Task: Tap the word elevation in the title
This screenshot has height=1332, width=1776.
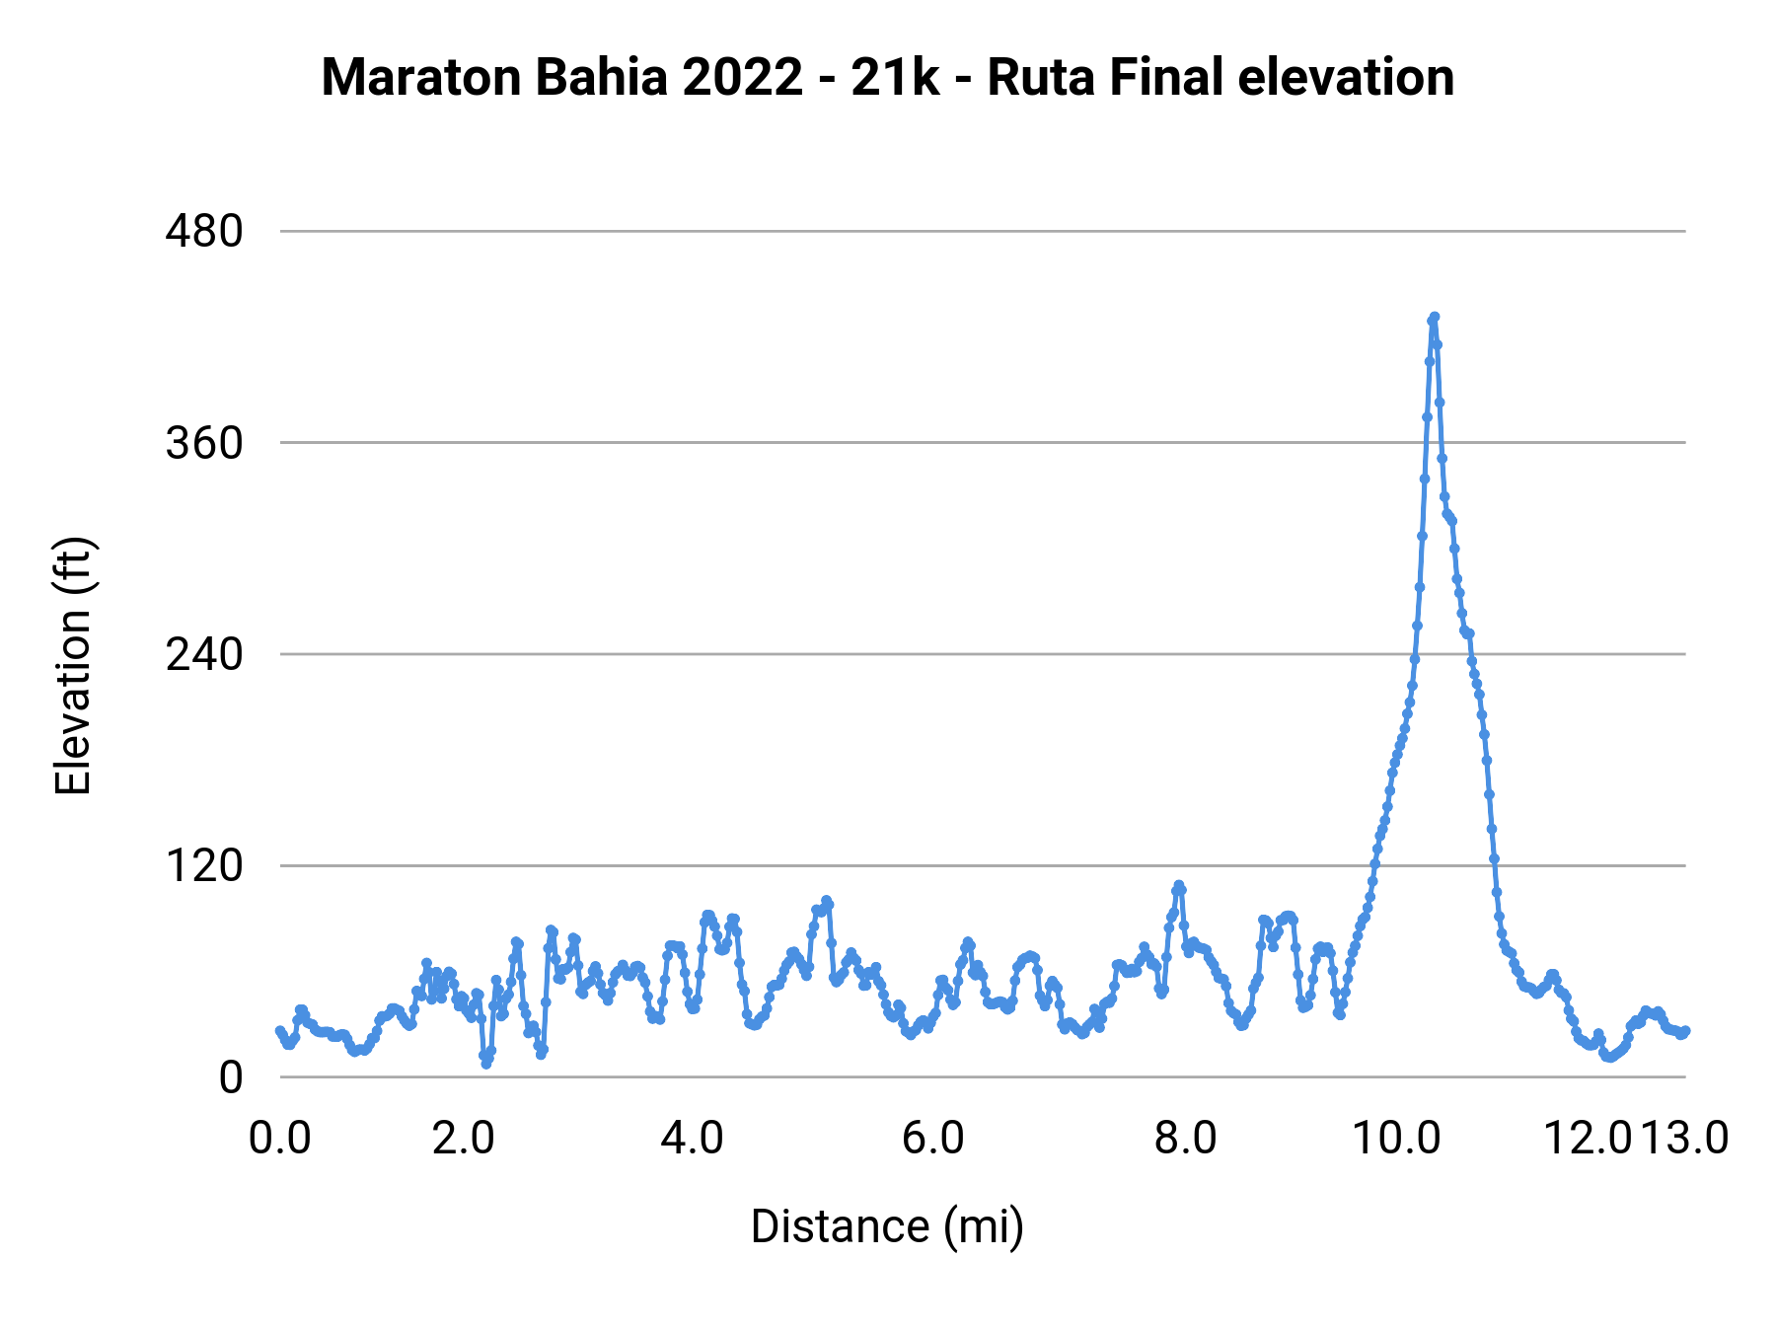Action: (1346, 78)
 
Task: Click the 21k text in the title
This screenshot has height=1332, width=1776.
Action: (895, 78)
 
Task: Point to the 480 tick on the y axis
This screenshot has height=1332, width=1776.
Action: (204, 232)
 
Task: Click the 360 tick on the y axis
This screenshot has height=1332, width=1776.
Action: (204, 443)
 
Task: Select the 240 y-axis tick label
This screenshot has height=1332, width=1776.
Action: (204, 654)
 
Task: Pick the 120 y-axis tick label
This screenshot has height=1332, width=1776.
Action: (204, 865)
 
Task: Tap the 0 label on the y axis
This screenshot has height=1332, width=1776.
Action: (230, 1077)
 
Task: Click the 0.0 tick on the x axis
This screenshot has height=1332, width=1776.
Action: (280, 1138)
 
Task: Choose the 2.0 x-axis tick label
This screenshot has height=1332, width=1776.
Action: (464, 1138)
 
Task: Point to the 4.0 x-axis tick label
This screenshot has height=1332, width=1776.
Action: (692, 1138)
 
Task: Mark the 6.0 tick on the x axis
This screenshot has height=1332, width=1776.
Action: (933, 1138)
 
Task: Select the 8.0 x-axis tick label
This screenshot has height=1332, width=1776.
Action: (1186, 1138)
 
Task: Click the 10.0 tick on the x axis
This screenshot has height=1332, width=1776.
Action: (1396, 1138)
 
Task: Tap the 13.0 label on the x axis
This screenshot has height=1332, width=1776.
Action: (1685, 1138)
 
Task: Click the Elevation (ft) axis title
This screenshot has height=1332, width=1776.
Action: (73, 665)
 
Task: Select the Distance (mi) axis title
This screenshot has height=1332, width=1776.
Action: (887, 1226)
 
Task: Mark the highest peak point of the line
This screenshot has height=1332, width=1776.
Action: (1435, 317)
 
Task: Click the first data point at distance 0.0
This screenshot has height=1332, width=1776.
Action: (280, 1030)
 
